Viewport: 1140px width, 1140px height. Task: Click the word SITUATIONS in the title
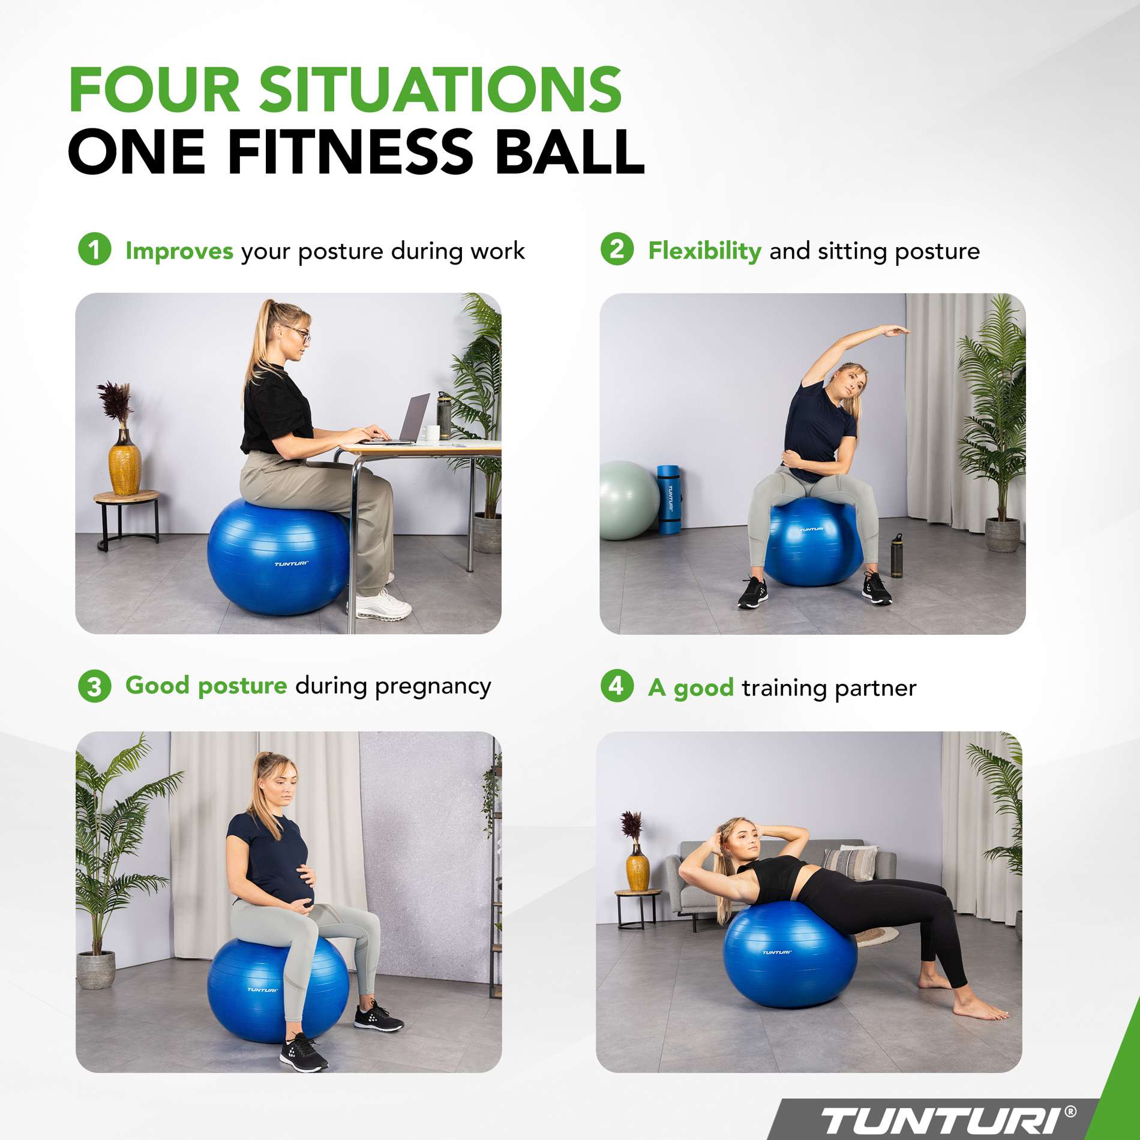point(441,90)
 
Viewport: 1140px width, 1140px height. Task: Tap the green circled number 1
point(94,249)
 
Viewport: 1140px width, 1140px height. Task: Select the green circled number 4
point(616,686)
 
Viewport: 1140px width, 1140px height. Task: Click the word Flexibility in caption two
point(704,251)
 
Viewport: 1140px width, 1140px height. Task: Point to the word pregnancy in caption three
point(433,686)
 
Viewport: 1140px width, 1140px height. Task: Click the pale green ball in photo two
point(627,500)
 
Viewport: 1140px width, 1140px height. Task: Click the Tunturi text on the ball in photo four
point(776,952)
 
